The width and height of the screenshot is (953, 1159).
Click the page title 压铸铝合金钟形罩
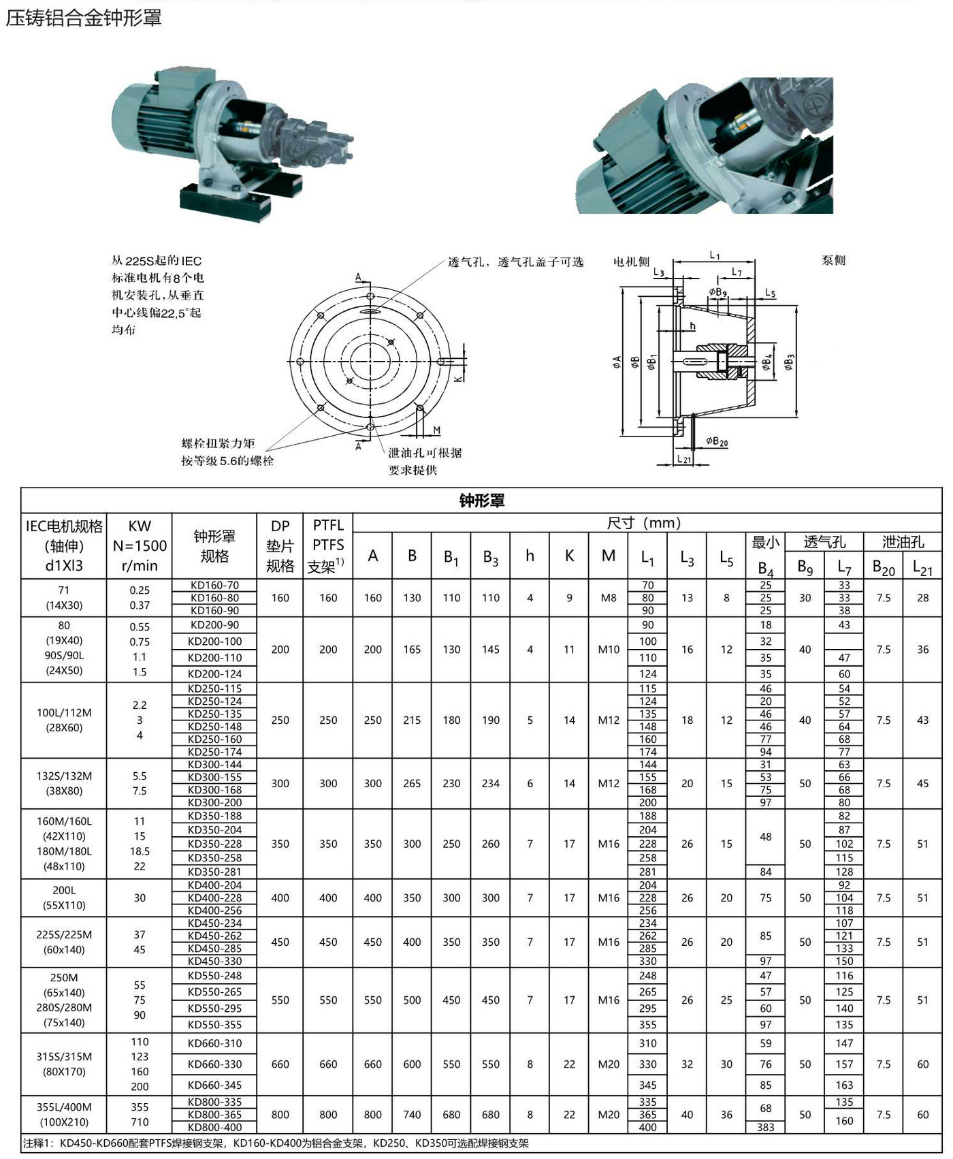click(84, 18)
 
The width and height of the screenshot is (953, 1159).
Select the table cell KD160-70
click(214, 585)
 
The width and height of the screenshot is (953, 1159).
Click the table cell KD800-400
click(214, 1127)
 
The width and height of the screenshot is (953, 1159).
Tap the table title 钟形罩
click(481, 501)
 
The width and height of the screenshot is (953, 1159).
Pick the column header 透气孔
click(824, 542)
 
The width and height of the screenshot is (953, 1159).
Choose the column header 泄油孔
click(903, 542)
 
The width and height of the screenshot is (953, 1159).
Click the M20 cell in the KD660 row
click(609, 1064)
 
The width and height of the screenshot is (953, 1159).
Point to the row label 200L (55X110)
click(64, 898)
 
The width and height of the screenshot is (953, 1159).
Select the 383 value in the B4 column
click(766, 1127)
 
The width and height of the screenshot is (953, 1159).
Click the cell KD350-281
click(214, 872)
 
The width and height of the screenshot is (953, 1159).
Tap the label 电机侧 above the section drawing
click(631, 261)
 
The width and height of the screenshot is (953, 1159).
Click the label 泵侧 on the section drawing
click(833, 260)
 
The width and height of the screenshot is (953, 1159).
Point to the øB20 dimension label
click(717, 442)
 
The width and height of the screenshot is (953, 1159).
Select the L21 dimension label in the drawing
click(683, 460)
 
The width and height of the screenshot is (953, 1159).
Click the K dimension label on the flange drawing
click(458, 377)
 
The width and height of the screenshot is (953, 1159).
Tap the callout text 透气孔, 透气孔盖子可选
click(515, 262)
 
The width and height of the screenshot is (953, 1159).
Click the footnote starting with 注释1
click(276, 1143)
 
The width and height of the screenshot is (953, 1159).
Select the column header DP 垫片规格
click(280, 546)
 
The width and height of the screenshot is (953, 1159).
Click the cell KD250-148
click(214, 727)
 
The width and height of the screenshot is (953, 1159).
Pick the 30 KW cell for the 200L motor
click(140, 898)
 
